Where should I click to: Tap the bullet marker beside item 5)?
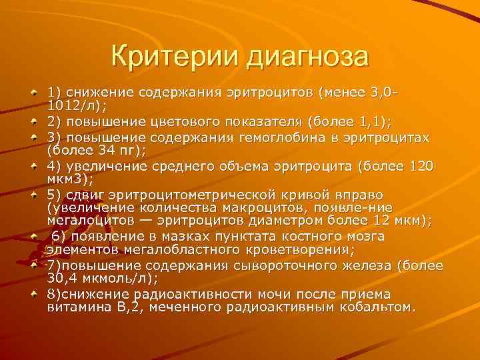coord(34,198)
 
